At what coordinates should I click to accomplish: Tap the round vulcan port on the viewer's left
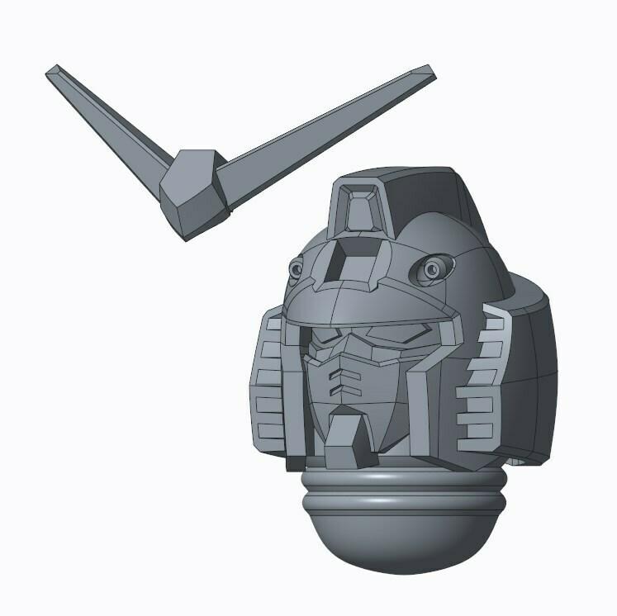click(x=295, y=269)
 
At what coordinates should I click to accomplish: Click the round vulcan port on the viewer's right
click(x=433, y=268)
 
